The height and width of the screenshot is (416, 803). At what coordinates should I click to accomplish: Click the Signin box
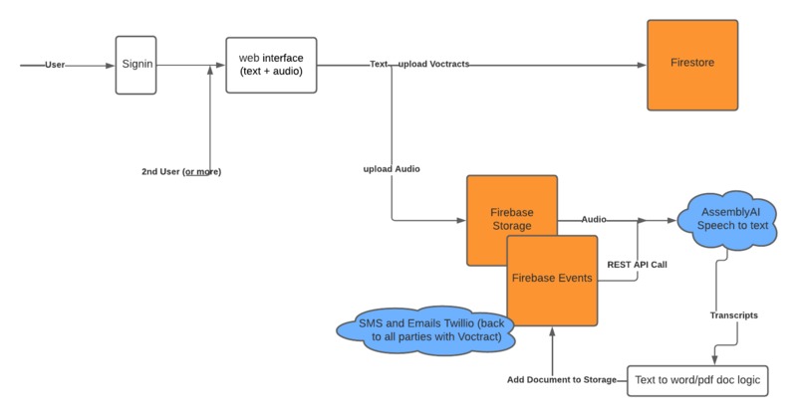click(135, 65)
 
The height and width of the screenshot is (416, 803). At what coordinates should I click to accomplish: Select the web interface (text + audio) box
click(270, 65)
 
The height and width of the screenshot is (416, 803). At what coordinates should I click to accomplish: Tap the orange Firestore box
click(692, 65)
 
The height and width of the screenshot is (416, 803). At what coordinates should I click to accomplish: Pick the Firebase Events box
click(552, 279)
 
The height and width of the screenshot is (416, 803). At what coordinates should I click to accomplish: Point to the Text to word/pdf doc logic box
click(697, 380)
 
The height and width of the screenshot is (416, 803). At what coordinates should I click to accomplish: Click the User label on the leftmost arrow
click(55, 65)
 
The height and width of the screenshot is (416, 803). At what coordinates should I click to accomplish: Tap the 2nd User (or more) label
click(181, 172)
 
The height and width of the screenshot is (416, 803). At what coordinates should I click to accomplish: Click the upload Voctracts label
click(433, 65)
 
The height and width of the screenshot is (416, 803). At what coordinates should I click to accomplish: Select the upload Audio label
click(391, 169)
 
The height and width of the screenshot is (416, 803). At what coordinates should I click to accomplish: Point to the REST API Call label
click(639, 265)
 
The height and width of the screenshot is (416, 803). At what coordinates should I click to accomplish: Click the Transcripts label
click(733, 314)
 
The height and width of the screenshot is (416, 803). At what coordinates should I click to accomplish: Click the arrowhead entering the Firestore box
click(641, 65)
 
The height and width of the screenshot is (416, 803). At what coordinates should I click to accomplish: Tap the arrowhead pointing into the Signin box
click(110, 65)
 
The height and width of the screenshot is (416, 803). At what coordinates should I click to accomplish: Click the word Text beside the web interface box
click(379, 65)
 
